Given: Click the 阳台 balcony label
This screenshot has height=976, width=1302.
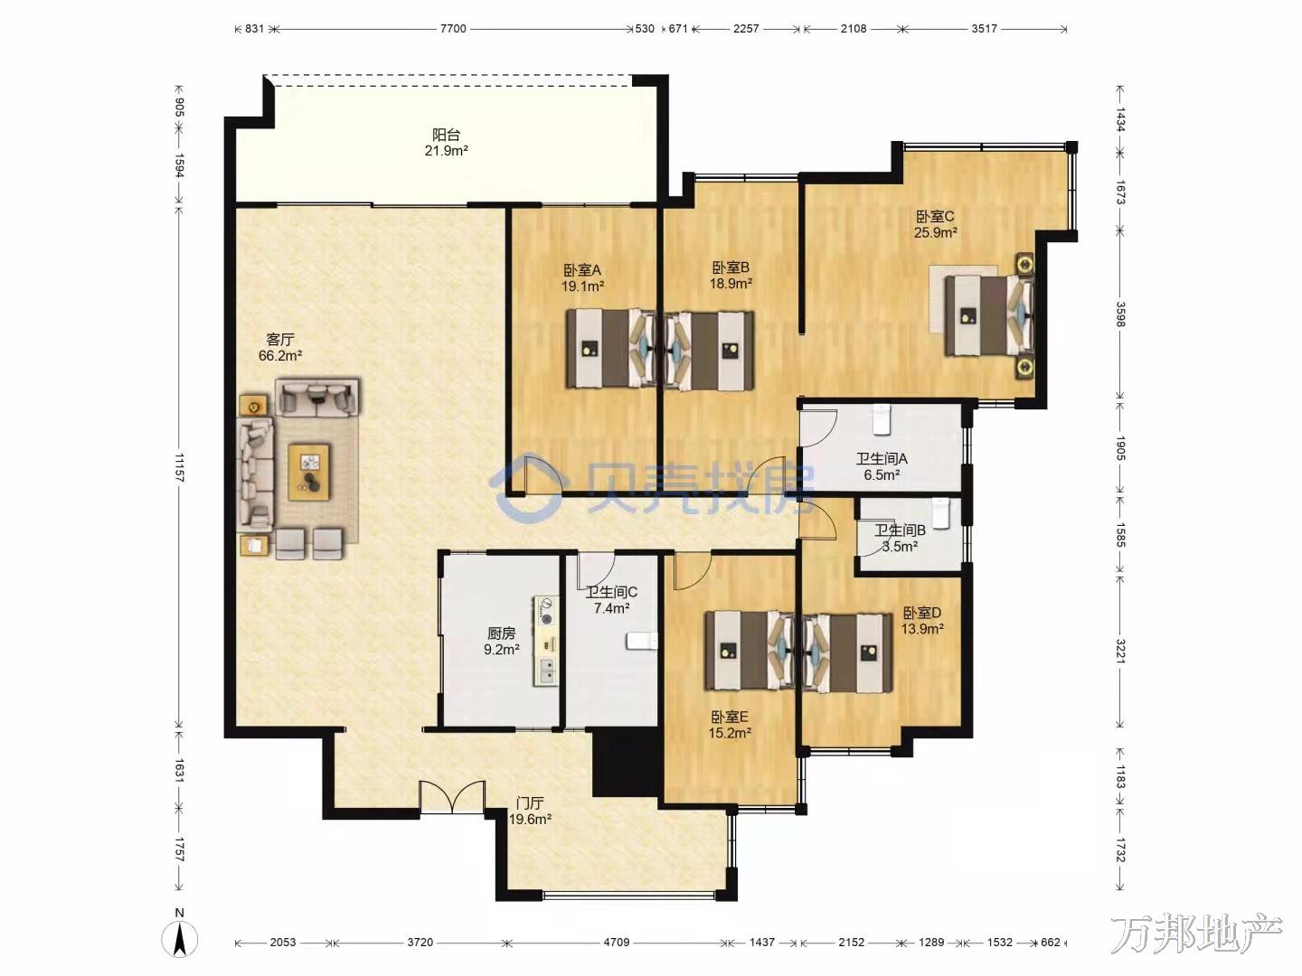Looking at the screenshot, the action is [446, 136].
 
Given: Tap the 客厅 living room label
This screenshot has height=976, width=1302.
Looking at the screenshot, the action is [280, 340].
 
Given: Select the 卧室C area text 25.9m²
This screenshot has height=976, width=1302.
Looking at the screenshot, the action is [936, 232].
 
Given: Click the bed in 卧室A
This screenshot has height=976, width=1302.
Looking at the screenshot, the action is [610, 349].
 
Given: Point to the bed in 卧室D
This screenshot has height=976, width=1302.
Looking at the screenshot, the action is [847, 653].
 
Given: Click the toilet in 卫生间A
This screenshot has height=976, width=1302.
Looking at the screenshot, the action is [882, 419].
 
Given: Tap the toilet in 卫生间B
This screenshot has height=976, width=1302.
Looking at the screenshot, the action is [940, 513].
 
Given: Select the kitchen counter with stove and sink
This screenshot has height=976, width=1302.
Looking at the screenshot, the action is [546, 641].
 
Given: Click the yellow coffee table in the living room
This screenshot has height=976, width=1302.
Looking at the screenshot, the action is [309, 473].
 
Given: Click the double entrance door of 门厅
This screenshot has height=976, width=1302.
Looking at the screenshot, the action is [452, 797].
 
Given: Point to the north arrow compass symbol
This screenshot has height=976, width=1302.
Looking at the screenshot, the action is [180, 939].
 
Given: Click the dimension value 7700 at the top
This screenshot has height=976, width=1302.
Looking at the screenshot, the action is [453, 28].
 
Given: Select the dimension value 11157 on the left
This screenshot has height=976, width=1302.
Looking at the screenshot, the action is [179, 467].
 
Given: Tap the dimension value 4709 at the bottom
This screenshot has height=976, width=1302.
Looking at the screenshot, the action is [617, 943].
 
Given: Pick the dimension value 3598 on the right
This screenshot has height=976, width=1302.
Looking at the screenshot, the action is [1120, 314].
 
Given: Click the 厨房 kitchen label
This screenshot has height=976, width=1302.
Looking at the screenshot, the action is [501, 633].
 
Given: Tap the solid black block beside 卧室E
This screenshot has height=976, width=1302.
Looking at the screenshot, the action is [626, 762].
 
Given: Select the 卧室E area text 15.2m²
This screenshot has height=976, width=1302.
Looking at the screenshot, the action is [730, 732].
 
